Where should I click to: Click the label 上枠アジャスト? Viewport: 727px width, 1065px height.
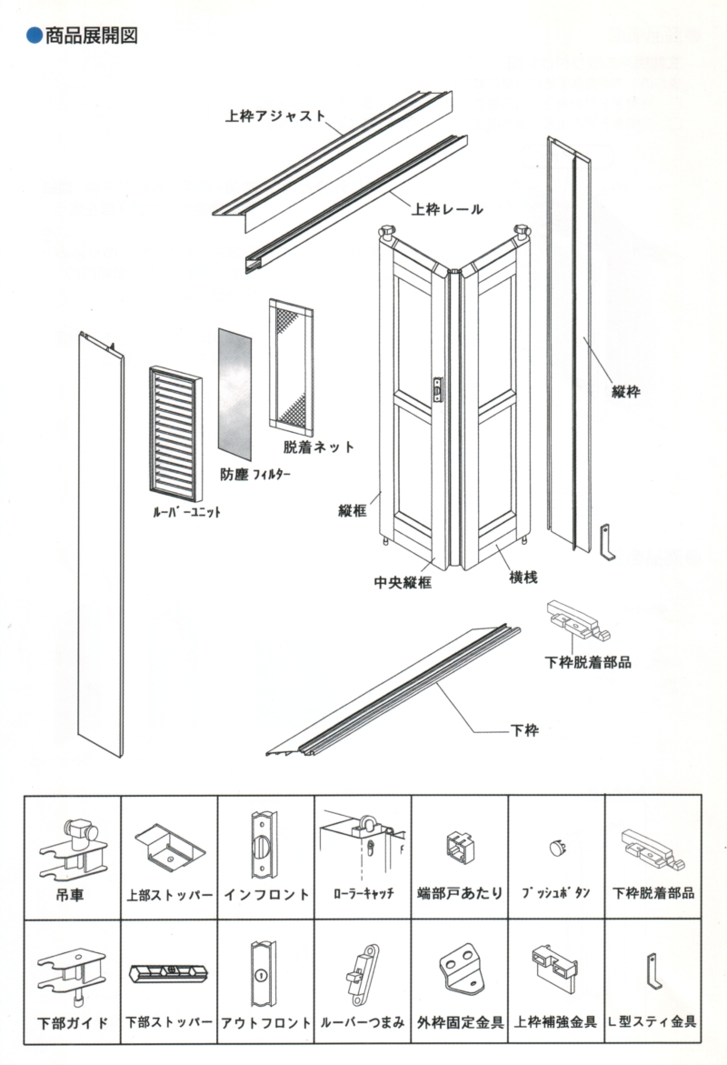click(x=275, y=116)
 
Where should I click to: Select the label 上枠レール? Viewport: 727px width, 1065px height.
click(x=446, y=210)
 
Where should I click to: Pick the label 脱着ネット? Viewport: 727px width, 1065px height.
click(x=318, y=447)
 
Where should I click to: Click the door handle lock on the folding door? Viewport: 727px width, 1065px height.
click(x=440, y=389)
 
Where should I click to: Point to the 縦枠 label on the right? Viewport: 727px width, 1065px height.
click(x=626, y=393)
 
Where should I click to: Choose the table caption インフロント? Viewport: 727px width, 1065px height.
click(x=265, y=894)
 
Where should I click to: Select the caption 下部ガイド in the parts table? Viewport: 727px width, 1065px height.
click(x=72, y=1022)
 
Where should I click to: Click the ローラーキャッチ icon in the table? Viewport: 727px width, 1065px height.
click(x=362, y=841)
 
